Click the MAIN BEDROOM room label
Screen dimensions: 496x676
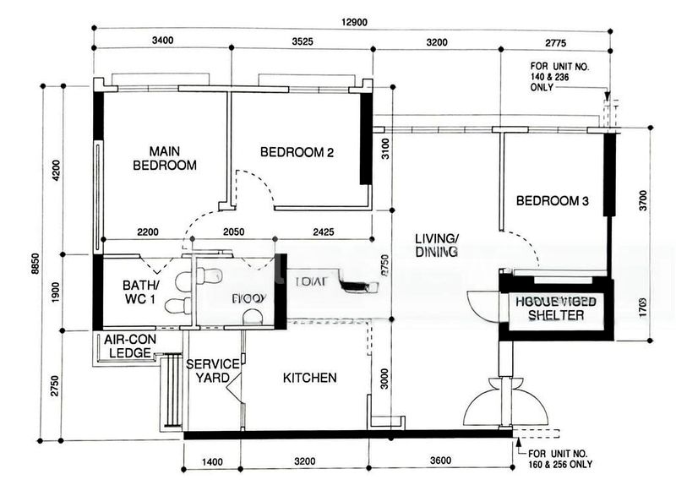point(165,156)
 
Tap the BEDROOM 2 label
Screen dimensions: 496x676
point(297,153)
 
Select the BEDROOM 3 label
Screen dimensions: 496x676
point(552,201)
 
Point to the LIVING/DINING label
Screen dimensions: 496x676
point(436,244)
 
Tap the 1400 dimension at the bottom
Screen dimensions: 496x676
point(212,462)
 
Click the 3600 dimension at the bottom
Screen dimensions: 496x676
point(439,462)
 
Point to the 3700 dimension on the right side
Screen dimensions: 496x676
point(644,201)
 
